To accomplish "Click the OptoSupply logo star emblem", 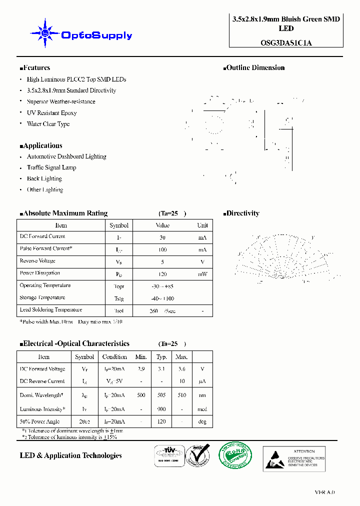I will click(45, 33).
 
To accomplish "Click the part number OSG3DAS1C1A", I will click(286, 42).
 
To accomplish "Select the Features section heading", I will click(35, 67).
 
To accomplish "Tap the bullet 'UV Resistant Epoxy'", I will click(51, 113).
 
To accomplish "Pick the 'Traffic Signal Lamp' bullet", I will click(51, 167).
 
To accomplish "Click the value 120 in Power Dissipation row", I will click(162, 274).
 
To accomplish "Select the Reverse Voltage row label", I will click(37, 261).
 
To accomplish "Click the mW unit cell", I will click(202, 274).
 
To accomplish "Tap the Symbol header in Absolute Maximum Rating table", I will click(119, 225).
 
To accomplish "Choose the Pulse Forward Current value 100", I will click(162, 249).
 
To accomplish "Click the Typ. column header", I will click(161, 357).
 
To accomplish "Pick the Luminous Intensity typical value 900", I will click(161, 409).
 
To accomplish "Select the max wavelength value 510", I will click(181, 395).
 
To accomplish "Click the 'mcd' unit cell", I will click(202, 409).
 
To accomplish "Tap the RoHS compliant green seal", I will click(235, 456).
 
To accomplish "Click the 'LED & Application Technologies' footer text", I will click(70, 455).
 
